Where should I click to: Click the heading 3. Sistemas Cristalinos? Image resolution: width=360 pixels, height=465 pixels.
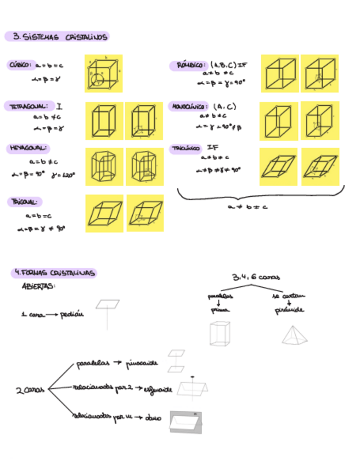coord(57,37)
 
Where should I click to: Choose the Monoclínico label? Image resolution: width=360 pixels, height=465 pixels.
coord(189,106)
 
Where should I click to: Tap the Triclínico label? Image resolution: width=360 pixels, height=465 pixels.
coord(185,149)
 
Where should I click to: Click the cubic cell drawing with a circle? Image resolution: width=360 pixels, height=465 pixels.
coord(104,73)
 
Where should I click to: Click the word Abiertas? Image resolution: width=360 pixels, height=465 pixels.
coord(38,286)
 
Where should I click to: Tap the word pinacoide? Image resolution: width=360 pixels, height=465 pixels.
coord(142,362)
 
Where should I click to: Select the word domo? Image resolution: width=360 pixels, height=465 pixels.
coord(153,418)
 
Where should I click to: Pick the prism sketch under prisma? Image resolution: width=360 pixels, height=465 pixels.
coord(220,333)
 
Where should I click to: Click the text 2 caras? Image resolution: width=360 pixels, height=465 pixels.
coord(26,390)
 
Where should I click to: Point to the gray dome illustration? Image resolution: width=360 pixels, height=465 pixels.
coord(185,422)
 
